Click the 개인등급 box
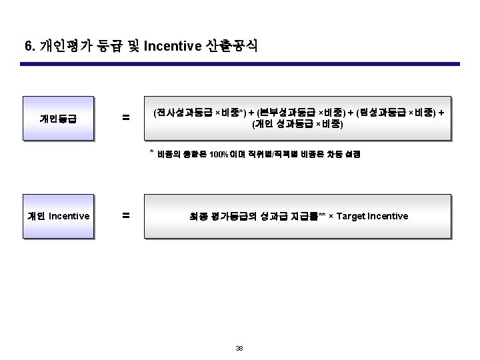coord(57,119)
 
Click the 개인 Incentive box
coord(58,216)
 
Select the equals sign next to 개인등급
coord(125,119)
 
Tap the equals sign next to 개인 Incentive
coord(125,216)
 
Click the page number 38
coord(239,349)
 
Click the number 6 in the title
coord(27,46)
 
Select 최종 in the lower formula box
coord(197,216)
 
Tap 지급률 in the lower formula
coord(304,216)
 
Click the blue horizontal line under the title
coord(240,64)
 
